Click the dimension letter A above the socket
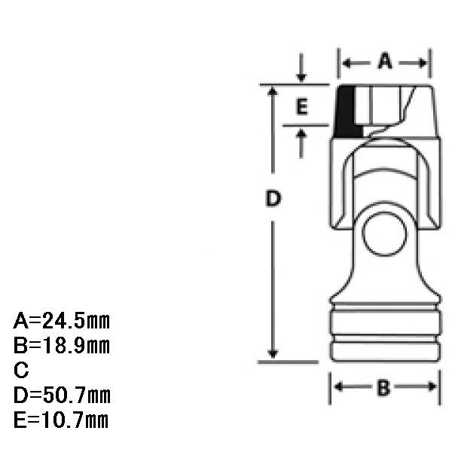[385, 61]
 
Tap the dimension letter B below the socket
[383, 388]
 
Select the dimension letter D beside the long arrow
[273, 198]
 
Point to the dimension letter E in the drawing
[302, 107]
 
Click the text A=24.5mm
[62, 321]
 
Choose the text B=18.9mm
[62, 345]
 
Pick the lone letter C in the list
[21, 370]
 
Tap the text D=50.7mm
[62, 395]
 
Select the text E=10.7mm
[61, 420]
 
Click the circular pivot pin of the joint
[384, 234]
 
